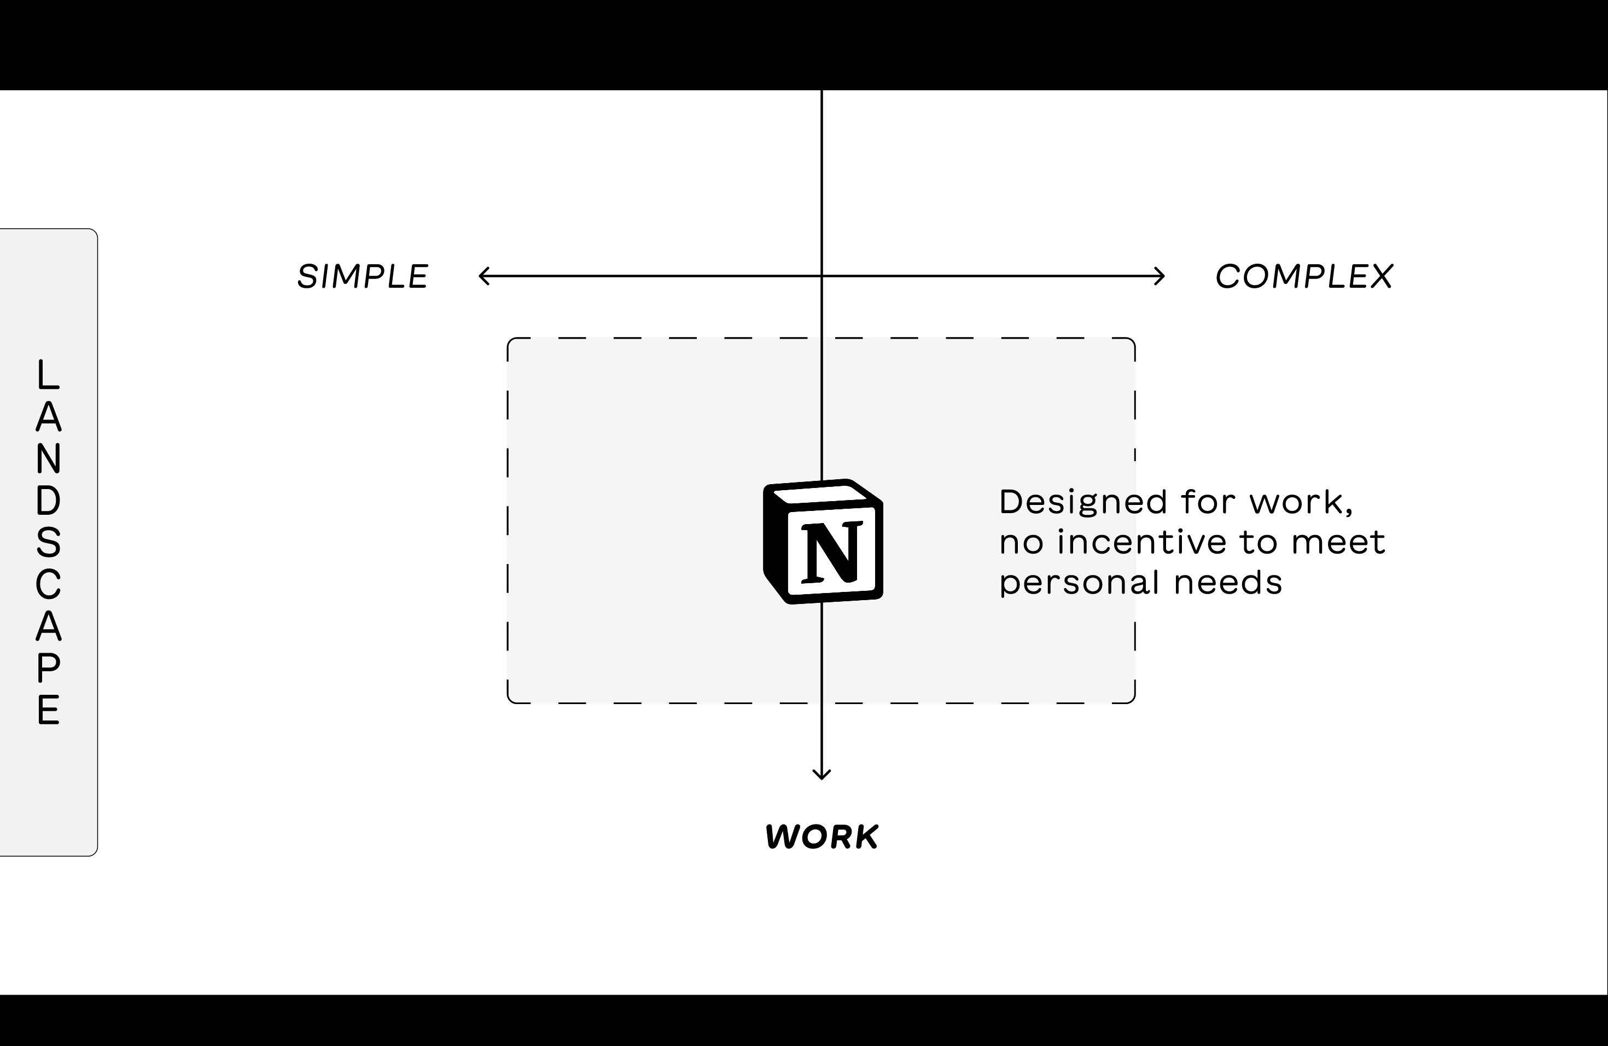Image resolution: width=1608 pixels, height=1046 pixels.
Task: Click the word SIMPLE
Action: [363, 276]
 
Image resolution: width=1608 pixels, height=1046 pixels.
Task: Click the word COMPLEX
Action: [1304, 276]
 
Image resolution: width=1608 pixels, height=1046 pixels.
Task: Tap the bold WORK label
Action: [822, 836]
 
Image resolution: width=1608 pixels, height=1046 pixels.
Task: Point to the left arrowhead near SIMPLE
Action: [482, 276]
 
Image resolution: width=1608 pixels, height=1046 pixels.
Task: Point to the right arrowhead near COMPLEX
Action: [1161, 276]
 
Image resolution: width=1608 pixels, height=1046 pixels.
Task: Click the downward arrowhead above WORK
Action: [822, 774]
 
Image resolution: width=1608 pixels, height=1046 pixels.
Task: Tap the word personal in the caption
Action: [1079, 583]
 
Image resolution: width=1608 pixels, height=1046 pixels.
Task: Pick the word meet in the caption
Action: [1338, 542]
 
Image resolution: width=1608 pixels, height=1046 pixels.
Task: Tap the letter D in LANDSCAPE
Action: [48, 501]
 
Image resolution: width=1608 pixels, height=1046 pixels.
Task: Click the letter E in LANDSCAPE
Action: [48, 710]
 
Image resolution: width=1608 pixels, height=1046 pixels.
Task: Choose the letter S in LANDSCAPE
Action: [48, 543]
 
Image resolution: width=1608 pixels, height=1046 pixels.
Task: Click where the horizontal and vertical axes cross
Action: [822, 276]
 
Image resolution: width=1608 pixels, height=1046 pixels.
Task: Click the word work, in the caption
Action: [1301, 502]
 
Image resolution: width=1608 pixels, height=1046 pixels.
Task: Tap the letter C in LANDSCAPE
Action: [48, 584]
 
